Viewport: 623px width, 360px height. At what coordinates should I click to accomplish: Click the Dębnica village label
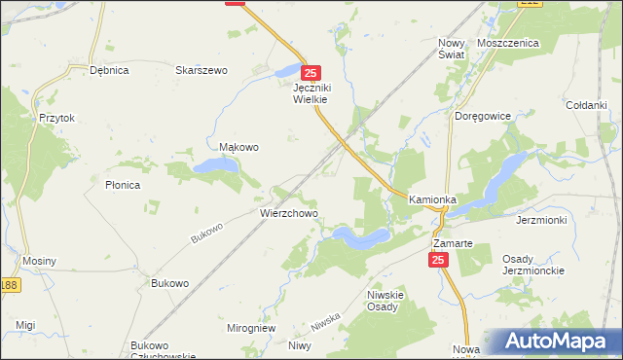pos(109,70)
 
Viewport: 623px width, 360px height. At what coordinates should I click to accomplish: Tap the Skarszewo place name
pos(201,70)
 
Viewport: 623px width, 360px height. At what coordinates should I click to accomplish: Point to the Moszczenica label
pos(508,44)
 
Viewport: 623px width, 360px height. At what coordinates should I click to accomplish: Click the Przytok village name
pos(56,118)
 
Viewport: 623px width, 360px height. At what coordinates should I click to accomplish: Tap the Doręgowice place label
pos(483,116)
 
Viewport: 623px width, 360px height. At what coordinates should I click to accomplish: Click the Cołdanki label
pos(586,105)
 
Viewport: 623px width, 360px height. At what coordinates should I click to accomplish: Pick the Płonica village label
pos(123,185)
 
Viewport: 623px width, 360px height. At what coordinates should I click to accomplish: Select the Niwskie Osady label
pos(383,300)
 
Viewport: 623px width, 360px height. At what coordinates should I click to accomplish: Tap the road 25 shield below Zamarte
pos(438,260)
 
